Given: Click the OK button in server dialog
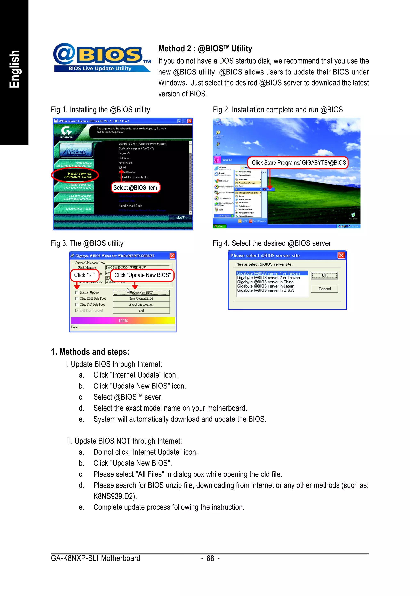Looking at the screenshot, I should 324,275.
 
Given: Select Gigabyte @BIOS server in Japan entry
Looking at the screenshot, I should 266,286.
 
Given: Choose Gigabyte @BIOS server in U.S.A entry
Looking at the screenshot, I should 265,290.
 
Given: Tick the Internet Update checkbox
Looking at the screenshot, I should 76,292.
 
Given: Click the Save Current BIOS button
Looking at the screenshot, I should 141,299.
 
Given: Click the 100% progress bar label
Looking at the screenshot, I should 123,321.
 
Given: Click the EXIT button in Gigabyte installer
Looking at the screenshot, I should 181,218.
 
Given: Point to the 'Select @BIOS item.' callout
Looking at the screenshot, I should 136,187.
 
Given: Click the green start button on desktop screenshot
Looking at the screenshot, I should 219,226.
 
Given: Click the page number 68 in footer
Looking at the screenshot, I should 210,558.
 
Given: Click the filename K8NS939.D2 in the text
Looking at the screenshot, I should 114,496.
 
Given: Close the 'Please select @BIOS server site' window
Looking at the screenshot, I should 341,255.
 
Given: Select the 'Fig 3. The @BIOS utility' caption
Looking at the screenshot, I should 87,243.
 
